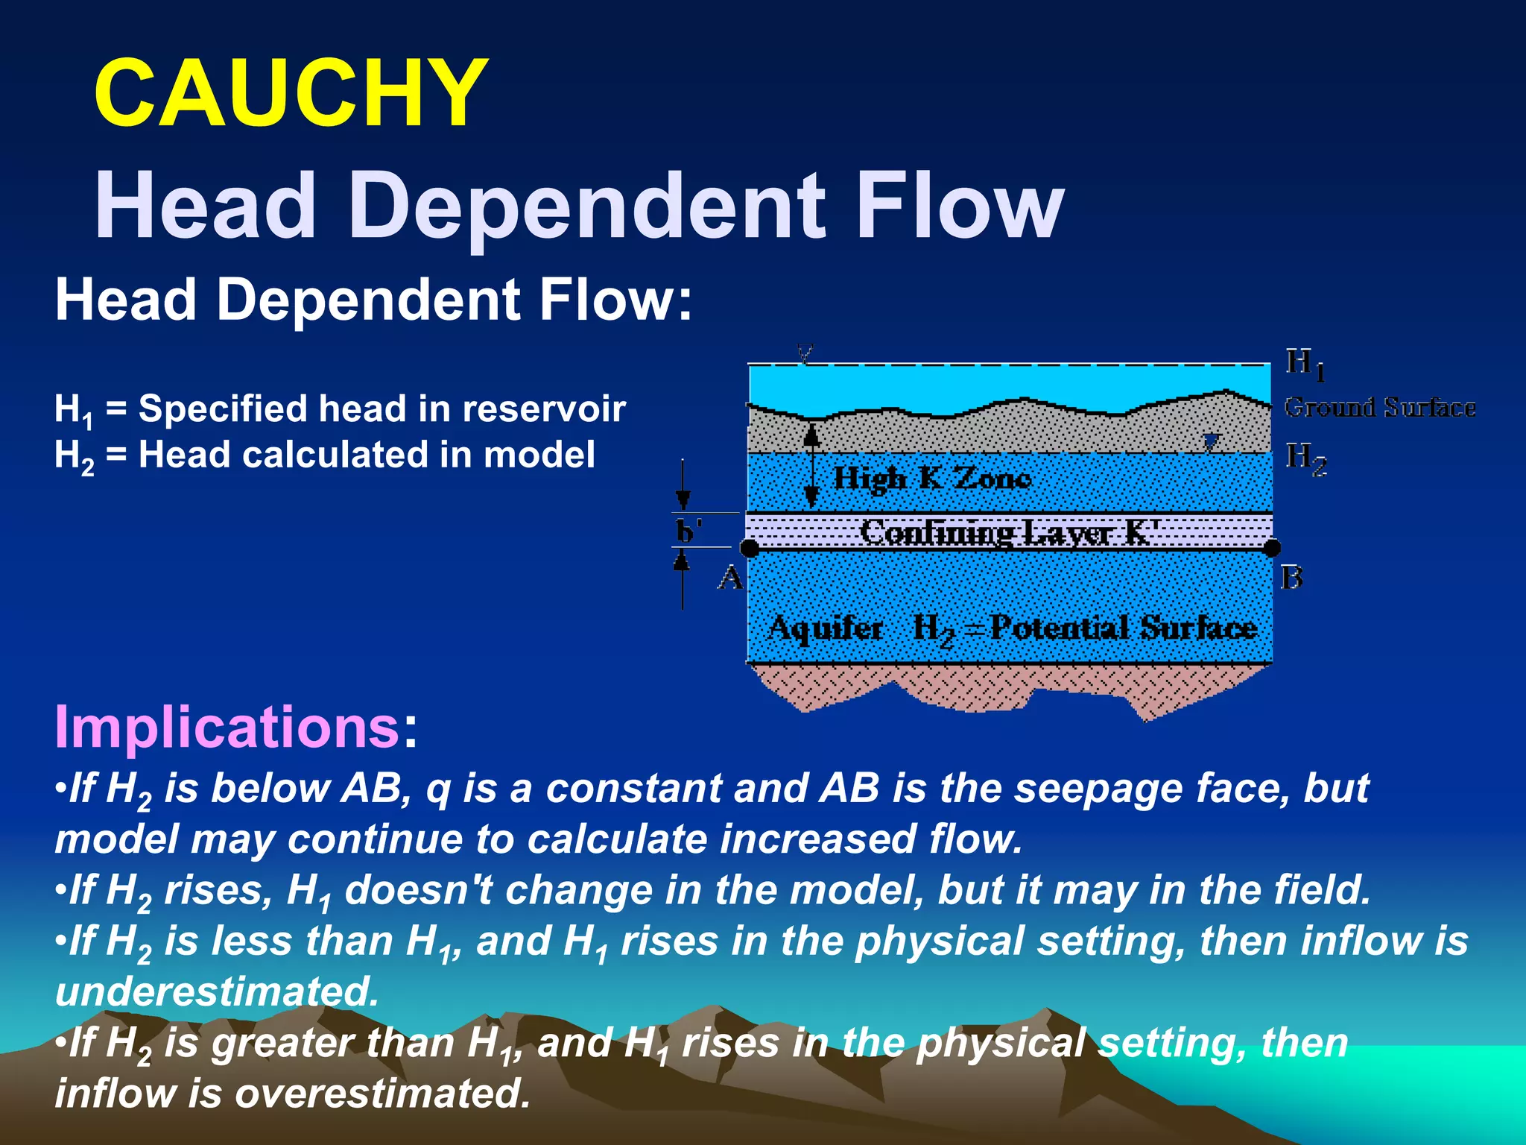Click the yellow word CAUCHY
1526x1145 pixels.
(291, 94)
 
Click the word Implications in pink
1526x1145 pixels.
(227, 727)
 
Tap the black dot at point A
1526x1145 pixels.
(750, 549)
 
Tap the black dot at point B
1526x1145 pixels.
(1272, 548)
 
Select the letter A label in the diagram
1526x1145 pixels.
(731, 578)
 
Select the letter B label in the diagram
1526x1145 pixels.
(1291, 578)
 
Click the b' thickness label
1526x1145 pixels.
(687, 532)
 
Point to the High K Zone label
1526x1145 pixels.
(931, 478)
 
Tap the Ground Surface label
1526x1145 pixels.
(1379, 408)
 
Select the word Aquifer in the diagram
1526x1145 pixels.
(826, 628)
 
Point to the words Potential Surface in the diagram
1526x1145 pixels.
(1124, 628)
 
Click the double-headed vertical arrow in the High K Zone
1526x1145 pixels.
(812, 464)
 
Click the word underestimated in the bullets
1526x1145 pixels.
(217, 992)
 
